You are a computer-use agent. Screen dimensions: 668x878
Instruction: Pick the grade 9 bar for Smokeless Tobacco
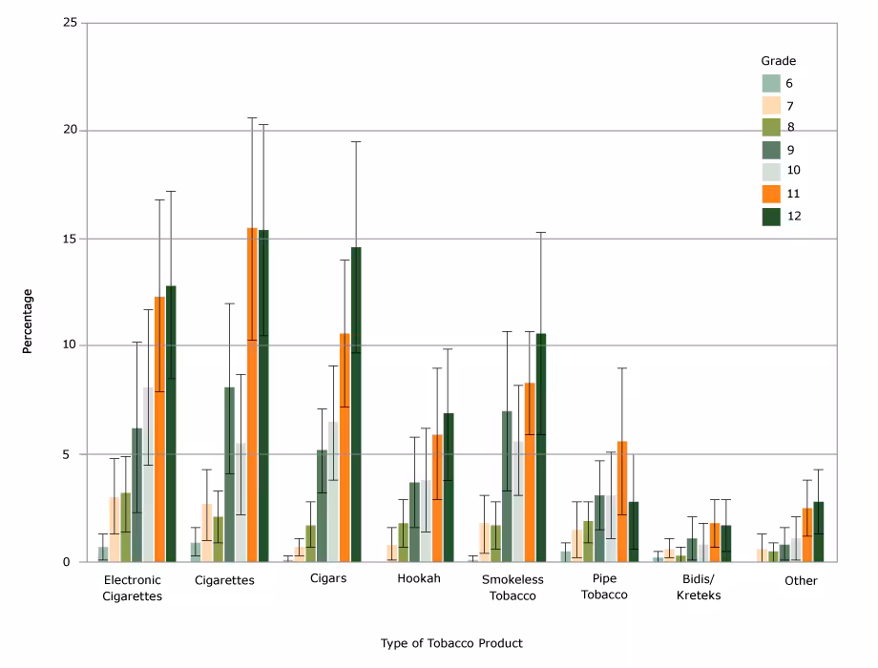[507, 487]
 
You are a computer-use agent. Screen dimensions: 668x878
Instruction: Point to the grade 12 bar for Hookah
[449, 488]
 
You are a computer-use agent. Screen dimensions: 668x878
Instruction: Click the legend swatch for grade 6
[770, 82]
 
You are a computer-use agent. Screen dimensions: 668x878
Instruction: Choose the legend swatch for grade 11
[770, 194]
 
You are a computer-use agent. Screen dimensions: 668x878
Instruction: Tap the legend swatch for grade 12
[770, 216]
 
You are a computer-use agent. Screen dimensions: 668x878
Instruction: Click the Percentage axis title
[28, 321]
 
